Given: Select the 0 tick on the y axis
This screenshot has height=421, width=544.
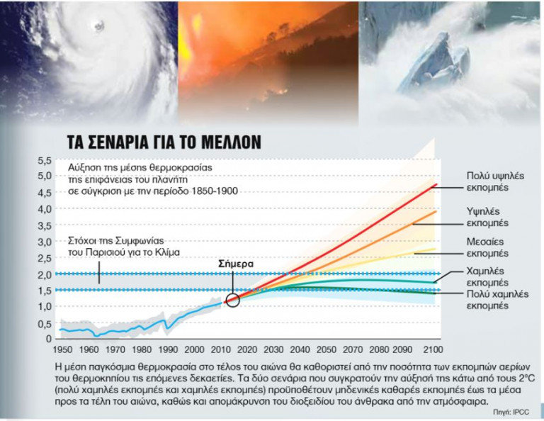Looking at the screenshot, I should pyautogui.click(x=47, y=339).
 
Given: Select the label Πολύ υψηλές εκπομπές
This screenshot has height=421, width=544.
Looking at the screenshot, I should pyautogui.click(x=488, y=181).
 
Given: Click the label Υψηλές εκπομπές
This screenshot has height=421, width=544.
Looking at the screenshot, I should pyautogui.click(x=488, y=217).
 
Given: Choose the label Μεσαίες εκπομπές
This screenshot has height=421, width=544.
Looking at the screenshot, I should pyautogui.click(x=488, y=247).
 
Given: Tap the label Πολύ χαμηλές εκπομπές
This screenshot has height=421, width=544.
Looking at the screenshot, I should pyautogui.click(x=488, y=300).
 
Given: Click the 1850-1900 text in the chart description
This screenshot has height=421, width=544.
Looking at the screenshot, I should pyautogui.click(x=215, y=191).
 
